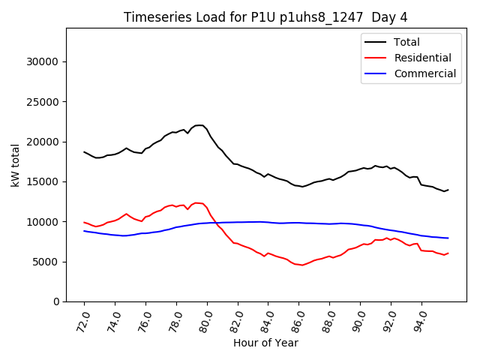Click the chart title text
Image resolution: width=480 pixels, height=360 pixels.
266,17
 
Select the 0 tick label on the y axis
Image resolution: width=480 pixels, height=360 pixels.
57,301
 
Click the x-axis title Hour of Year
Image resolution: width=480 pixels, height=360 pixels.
266,343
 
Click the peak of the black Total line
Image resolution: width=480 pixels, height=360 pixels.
199,125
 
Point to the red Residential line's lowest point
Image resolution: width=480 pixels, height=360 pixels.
302,265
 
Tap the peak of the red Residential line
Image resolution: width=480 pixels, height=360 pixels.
197,202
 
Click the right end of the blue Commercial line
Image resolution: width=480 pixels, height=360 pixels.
448,238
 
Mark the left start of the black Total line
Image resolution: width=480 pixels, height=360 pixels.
84,151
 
